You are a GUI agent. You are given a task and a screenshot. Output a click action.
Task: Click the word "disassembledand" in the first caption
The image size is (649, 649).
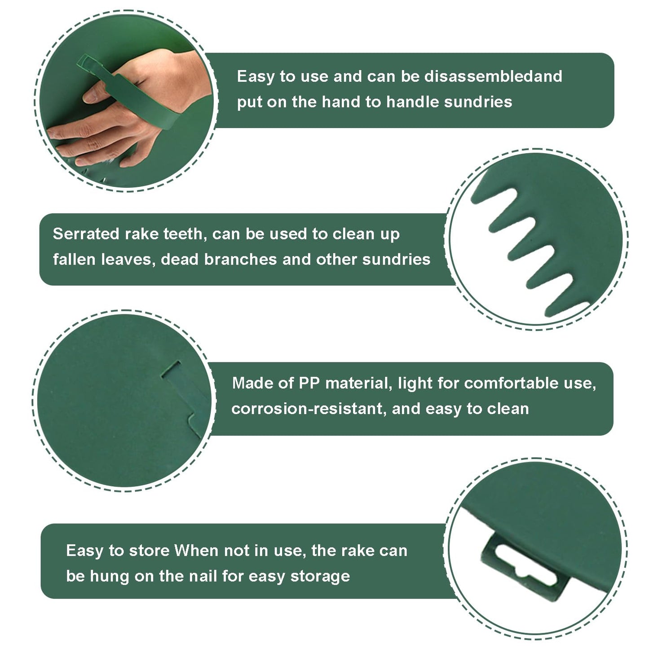[x=493, y=76]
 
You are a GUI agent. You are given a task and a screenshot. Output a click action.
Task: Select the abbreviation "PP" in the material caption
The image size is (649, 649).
[x=309, y=383]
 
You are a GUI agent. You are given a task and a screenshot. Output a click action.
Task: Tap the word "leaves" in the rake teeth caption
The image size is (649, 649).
[x=128, y=260]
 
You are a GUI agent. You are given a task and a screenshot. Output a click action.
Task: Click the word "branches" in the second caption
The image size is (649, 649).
[x=240, y=259]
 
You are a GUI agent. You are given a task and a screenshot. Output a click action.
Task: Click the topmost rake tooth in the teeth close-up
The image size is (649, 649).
[x=495, y=196]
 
